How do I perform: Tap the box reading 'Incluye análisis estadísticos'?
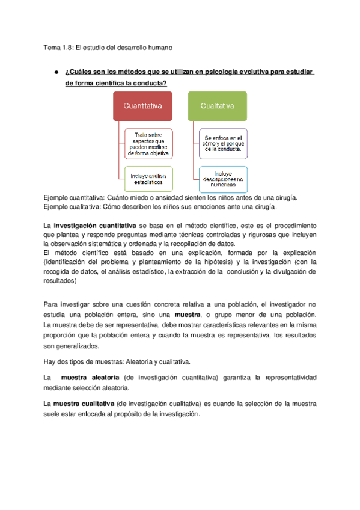coord(148,179)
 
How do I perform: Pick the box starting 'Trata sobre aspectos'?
coord(148,144)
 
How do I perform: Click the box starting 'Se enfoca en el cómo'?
coord(222,144)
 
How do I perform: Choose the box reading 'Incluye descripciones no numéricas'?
coord(222,179)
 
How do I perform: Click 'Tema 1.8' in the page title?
coord(58,47)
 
